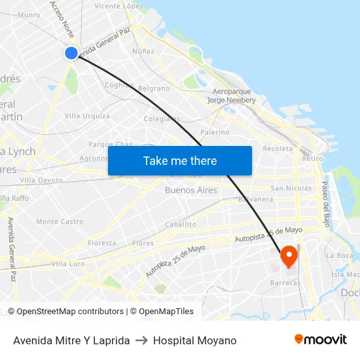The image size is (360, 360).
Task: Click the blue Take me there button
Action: (180, 160)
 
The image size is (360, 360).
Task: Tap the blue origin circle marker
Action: (71, 53)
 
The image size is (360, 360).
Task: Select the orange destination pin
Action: (289, 256)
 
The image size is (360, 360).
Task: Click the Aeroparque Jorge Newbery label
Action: (231, 96)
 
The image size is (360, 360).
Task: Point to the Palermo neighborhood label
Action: (215, 132)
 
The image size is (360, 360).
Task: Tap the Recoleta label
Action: (278, 149)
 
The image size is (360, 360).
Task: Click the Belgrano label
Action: (154, 88)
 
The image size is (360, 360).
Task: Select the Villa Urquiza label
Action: (87, 116)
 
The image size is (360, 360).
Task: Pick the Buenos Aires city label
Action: (191, 190)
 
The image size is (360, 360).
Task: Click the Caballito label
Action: (181, 224)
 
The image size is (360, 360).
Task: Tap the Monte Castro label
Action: (60, 222)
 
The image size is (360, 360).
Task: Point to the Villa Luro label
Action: (68, 263)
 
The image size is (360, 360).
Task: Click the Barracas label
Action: (285, 283)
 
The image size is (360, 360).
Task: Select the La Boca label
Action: (339, 255)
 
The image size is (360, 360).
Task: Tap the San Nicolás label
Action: (291, 189)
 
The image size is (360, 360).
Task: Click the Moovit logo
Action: (321, 339)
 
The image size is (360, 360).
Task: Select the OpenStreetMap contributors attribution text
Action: (70, 312)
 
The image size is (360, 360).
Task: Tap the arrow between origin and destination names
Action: (141, 340)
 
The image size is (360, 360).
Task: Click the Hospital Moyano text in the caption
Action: (194, 340)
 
